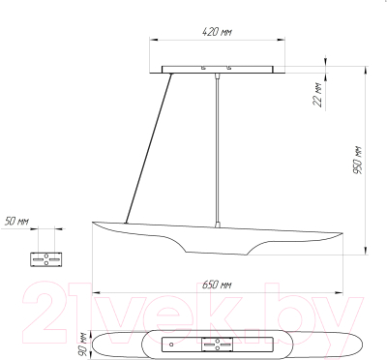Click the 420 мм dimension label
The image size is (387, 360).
pyautogui.click(x=217, y=32)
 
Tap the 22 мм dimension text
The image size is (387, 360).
pyautogui.click(x=318, y=94)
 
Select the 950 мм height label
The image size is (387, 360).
pyautogui.click(x=357, y=161)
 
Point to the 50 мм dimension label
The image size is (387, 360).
pyautogui.click(x=16, y=222)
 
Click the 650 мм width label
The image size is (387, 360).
pyautogui.click(x=217, y=285)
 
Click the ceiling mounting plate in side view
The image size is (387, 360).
pyautogui.click(x=218, y=70)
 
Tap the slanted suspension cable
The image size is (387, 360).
pyautogui.click(x=148, y=148)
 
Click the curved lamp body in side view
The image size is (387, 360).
pyautogui.click(x=217, y=239)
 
